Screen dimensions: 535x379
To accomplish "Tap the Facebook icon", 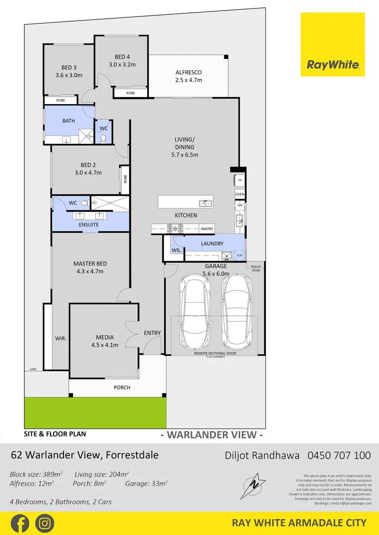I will pos(19,523).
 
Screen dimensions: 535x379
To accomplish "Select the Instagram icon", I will pos(45,523).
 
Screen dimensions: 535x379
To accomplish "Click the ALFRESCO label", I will pos(189,72).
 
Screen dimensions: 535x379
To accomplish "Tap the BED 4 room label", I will pos(122,56).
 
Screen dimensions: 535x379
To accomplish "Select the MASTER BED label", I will pos(90,264).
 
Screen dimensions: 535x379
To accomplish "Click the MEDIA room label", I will pos(104,337).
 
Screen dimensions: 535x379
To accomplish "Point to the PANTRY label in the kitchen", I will pos(207,229).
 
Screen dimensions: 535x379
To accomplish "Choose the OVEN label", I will pos(240,194).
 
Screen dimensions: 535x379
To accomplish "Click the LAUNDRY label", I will pos(212,244).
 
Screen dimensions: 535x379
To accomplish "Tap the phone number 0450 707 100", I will pos(339,455).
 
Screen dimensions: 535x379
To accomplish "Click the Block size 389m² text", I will pos(38,474).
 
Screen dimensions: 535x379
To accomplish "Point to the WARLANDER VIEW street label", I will pos(212,435).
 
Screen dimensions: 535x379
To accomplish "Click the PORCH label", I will pos(122,387).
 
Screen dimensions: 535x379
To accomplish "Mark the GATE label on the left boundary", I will pos(33,369).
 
